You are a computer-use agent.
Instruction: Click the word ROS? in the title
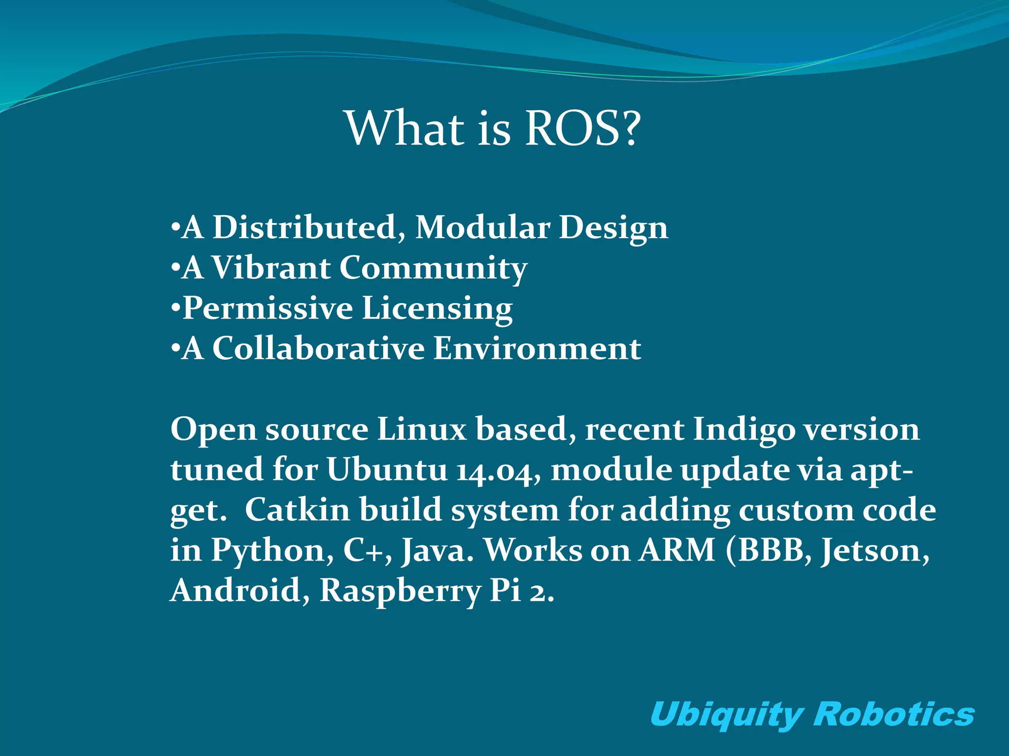tap(583, 129)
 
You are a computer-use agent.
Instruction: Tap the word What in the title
tap(405, 129)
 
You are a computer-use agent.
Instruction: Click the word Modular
tap(483, 228)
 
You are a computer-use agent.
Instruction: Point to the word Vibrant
tap(271, 268)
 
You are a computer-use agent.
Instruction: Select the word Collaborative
tap(318, 349)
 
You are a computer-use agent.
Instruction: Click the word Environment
tap(538, 349)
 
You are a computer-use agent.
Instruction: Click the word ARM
tap(677, 550)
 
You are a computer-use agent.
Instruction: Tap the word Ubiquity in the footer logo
tap(727, 715)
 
